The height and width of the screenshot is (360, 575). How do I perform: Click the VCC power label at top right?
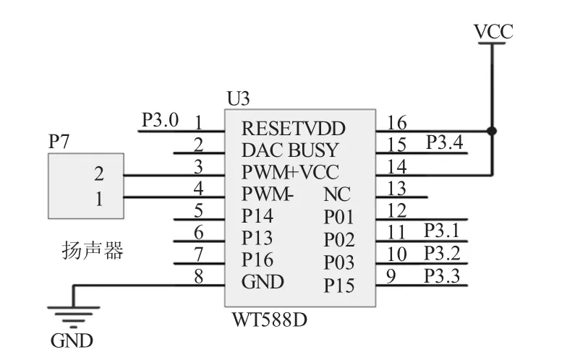coord(493,32)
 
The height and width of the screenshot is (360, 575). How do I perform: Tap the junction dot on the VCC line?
coord(493,131)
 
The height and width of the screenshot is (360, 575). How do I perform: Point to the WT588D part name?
coord(269,319)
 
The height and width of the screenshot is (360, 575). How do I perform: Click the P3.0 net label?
coord(160,119)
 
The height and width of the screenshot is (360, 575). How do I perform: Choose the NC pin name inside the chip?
coord(337,194)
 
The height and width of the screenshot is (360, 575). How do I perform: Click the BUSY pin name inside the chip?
coord(313,150)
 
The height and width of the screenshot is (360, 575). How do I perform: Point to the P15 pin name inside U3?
coord(338,286)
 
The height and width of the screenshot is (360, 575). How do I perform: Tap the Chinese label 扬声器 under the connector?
coord(92,251)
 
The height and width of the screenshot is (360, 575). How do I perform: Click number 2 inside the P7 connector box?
coord(98,174)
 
